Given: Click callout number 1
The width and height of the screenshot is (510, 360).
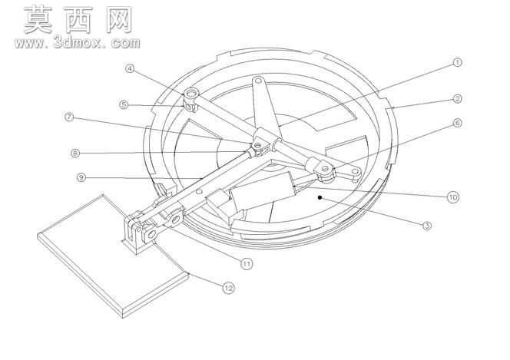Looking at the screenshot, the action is coord(457,62).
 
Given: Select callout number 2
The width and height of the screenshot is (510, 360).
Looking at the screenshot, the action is coord(457,99).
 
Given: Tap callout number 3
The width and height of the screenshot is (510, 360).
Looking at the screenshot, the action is coord(427,226).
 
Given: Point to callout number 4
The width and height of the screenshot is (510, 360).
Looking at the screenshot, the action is coord(130,68).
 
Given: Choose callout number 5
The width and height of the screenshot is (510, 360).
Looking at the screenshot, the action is coord(124,104).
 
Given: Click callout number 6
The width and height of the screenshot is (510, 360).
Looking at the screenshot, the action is coord(457,123).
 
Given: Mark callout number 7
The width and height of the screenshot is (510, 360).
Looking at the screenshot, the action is coord(69,117).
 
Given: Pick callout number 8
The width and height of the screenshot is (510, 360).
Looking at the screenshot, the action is coord(75,153).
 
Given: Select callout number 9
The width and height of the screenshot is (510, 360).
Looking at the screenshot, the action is coord(81,177).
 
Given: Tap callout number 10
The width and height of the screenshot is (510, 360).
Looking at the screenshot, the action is coord(452,197).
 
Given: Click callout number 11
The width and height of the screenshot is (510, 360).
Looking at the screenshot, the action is coord(247,263).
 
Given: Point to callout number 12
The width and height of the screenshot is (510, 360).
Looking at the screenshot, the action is coord(228,288).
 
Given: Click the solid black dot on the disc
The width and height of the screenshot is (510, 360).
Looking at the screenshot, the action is coord(320,197).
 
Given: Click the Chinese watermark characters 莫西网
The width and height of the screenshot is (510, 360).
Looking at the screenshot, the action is coord(78,20).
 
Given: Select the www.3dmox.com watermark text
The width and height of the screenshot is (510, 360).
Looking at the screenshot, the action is coord(78,42).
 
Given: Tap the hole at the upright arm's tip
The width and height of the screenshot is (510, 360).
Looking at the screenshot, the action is coord(259,80).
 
